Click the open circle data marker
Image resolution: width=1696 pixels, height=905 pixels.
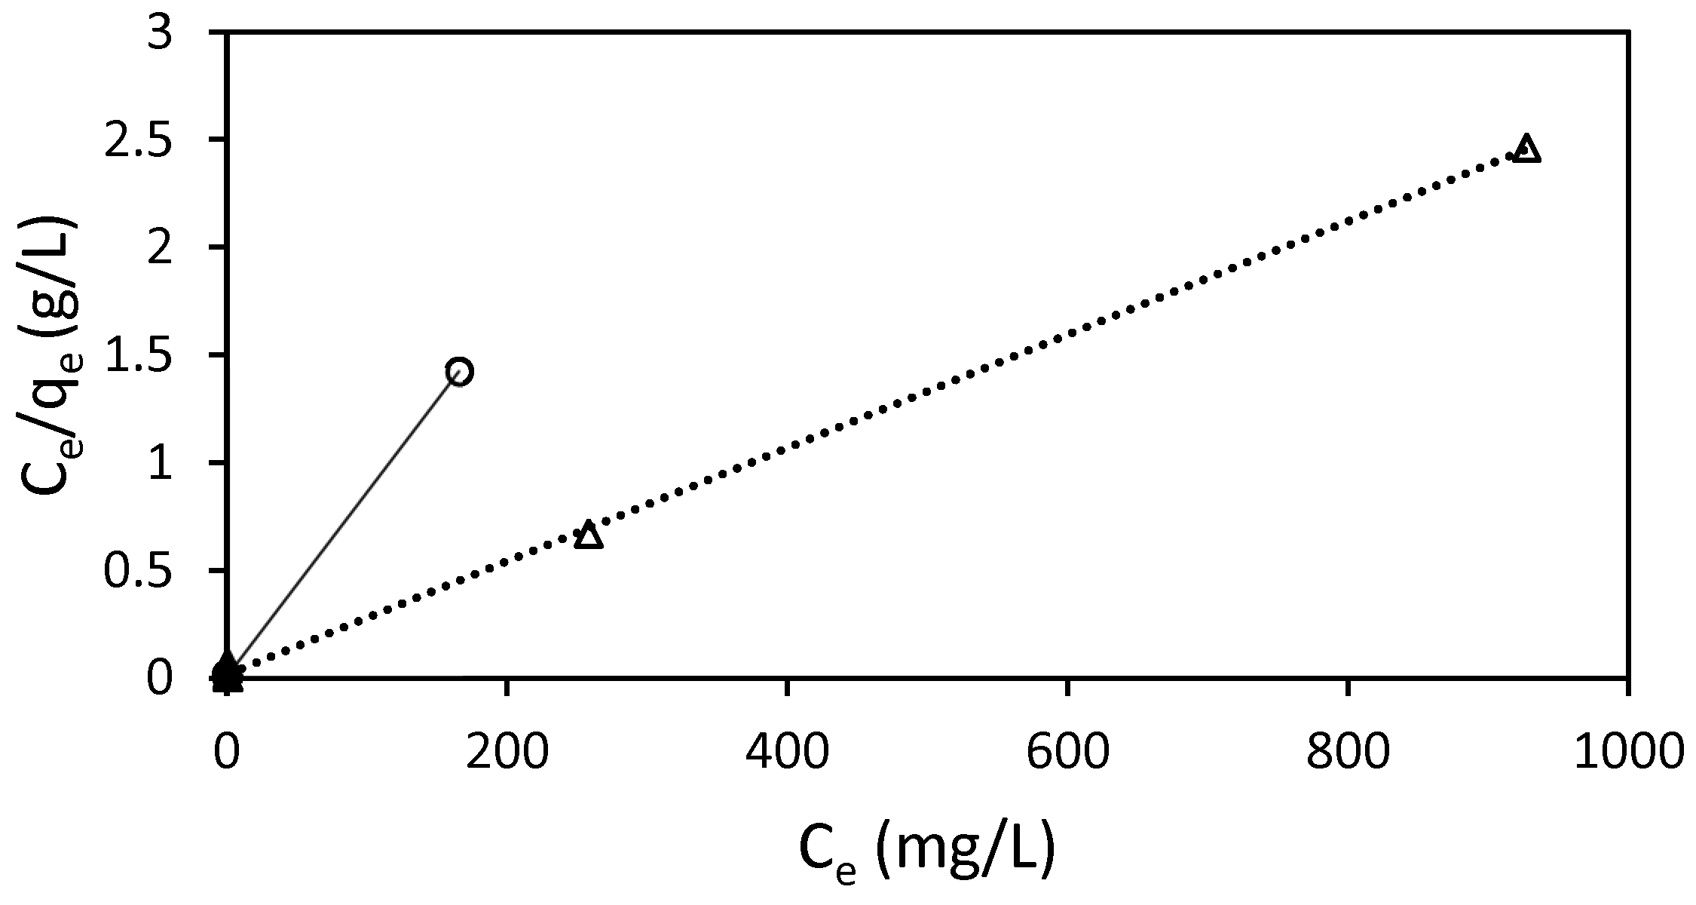click(x=459, y=371)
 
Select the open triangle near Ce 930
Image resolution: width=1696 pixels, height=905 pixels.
click(x=1526, y=149)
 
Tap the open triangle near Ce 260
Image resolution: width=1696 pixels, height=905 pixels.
click(x=588, y=535)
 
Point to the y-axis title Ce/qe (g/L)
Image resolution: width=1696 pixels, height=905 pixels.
click(x=53, y=354)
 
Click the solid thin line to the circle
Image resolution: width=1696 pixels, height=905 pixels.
click(x=343, y=521)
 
